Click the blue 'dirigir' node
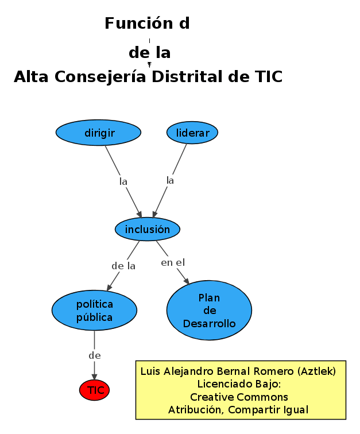[98, 133]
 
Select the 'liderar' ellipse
[192, 133]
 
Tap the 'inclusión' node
[148, 229]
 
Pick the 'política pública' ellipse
[94, 310]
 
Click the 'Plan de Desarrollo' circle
[209, 310]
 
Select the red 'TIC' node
[94, 390]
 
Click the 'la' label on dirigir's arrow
[123, 181]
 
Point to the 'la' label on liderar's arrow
[170, 180]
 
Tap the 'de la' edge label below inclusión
[123, 266]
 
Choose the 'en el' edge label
[172, 262]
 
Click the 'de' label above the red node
[95, 355]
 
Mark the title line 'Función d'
[147, 24]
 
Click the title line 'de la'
[149, 53]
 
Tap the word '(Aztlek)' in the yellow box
[315, 371]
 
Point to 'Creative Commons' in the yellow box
[239, 397]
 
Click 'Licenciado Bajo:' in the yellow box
[239, 384]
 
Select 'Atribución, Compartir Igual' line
[239, 410]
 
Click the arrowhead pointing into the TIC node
[94, 376]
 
